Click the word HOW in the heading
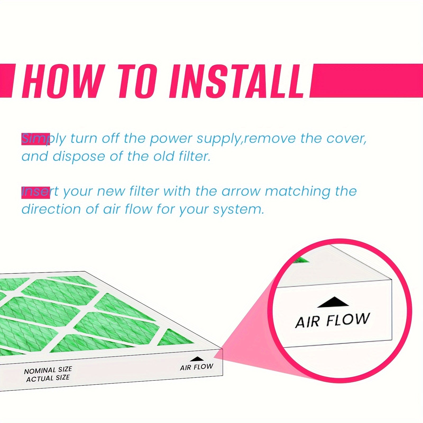click(62, 80)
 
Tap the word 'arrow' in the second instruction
click(241, 192)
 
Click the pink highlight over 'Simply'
click(35, 139)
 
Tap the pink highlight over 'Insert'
click(35, 192)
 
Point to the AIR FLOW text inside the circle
click(332, 320)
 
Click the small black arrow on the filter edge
click(197, 359)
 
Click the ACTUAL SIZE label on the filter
click(48, 378)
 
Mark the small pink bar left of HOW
click(6, 80)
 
